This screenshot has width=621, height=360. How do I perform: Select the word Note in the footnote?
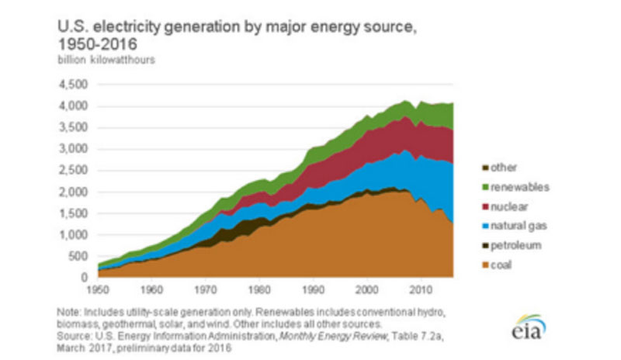coord(68,310)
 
